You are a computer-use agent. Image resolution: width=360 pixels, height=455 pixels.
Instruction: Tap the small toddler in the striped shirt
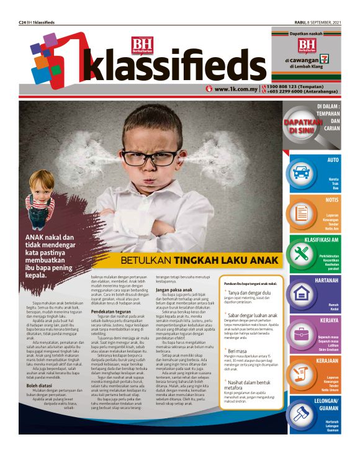click(41, 199)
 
